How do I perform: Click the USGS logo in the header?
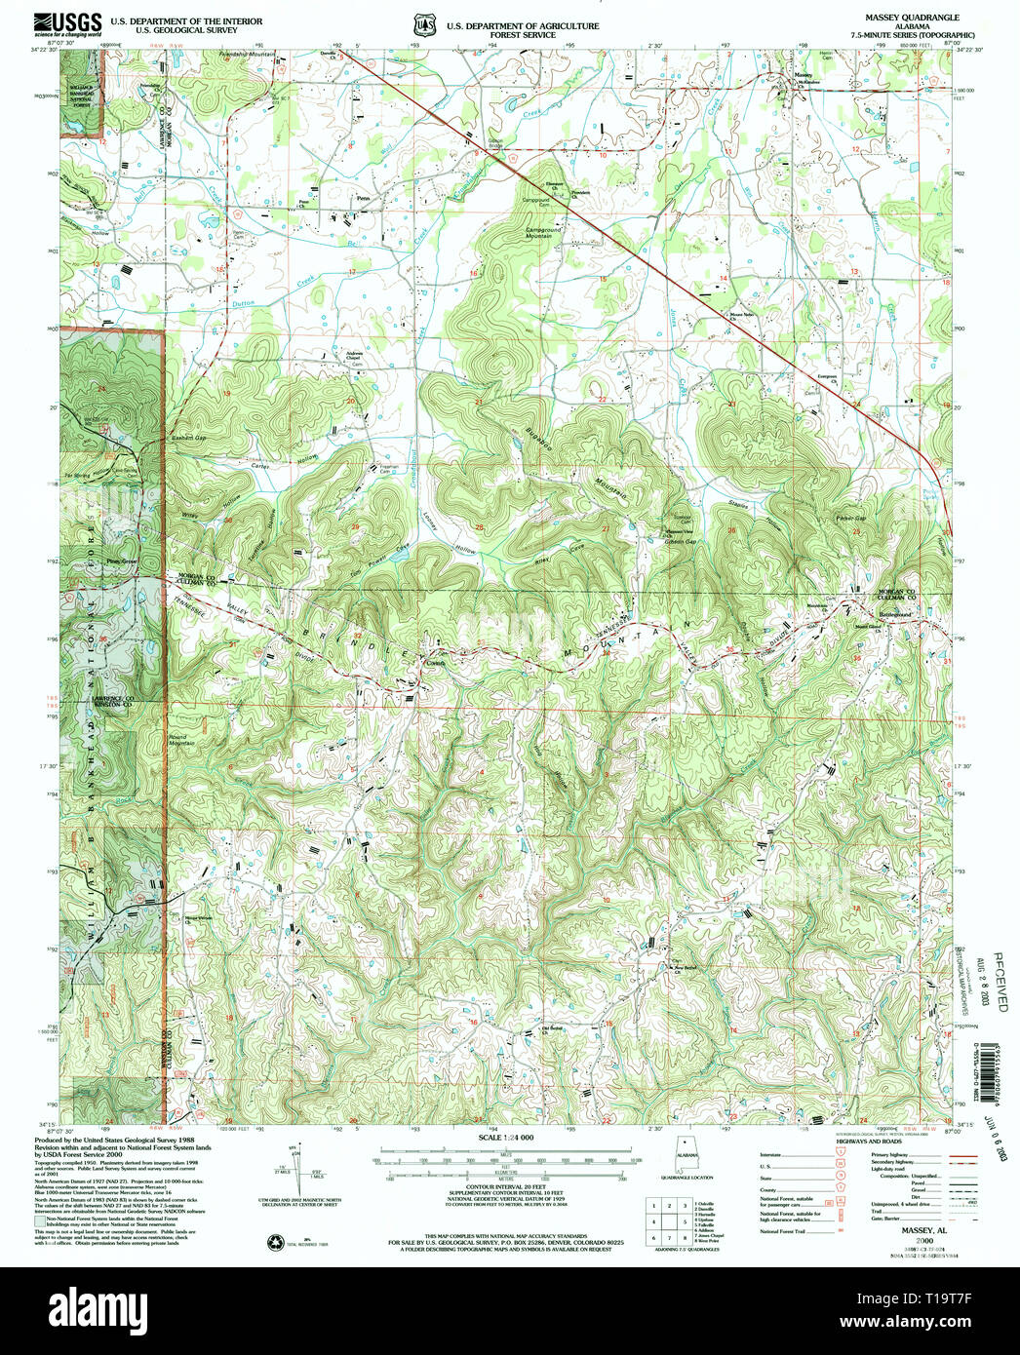click(x=68, y=22)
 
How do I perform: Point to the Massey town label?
click(x=803, y=75)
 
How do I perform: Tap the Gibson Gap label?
click(x=681, y=542)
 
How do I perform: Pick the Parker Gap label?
click(x=851, y=517)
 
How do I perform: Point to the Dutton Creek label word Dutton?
click(x=243, y=305)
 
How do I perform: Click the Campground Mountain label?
click(x=544, y=233)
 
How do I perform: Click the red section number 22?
click(x=602, y=400)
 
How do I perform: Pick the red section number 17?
click(x=352, y=270)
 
